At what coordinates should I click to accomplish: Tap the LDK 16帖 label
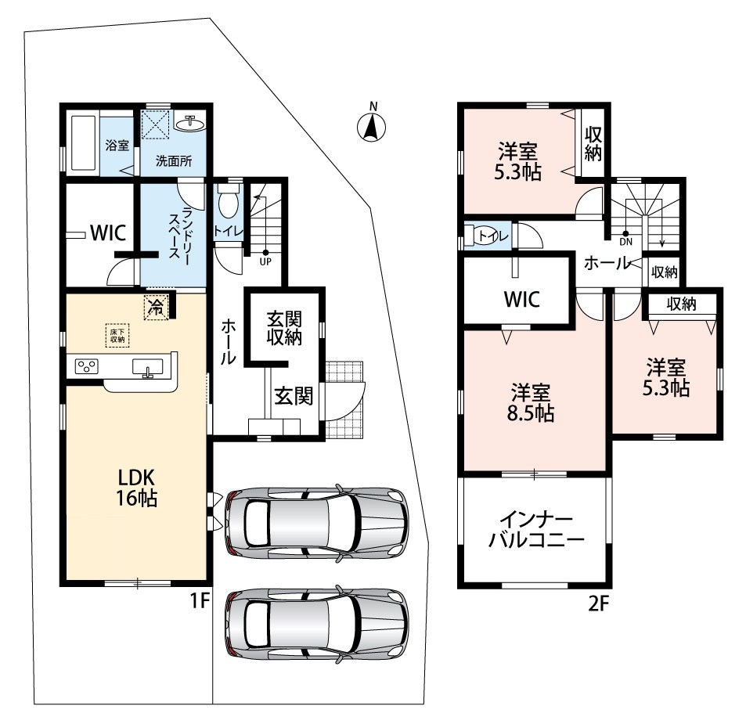136,487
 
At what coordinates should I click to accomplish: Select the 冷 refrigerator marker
156,308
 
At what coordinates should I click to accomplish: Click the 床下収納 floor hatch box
117,335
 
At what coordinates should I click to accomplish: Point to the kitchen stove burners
87,366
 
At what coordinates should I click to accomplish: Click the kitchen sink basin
147,368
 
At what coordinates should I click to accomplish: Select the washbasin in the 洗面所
190,124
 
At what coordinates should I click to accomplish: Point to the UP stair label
265,261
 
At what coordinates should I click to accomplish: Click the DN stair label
626,242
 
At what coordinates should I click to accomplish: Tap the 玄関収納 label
284,328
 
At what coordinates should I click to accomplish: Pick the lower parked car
316,623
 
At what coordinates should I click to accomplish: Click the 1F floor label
200,601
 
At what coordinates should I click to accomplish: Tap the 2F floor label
599,603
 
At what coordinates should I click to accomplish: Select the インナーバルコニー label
536,530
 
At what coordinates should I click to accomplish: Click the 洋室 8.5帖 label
531,402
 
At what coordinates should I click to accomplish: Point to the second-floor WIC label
522,299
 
